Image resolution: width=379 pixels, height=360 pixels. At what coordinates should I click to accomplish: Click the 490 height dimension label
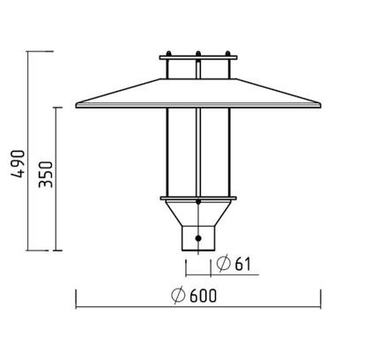pos(18,164)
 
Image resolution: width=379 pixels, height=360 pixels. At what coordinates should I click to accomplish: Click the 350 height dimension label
pos(46,175)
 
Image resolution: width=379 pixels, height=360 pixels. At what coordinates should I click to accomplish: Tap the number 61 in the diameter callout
pos(242,264)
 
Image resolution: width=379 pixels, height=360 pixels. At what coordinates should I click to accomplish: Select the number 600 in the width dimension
pos(203,296)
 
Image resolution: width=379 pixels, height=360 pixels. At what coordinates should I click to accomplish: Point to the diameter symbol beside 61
pos(223,263)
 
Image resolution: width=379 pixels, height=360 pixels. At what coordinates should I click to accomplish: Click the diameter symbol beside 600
pos(178,295)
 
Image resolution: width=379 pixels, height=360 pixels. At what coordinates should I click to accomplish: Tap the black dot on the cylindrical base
pos(198,238)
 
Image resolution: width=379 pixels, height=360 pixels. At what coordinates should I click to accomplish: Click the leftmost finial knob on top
pos(168,54)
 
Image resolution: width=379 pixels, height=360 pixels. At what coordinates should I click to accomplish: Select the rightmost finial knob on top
pos(227,54)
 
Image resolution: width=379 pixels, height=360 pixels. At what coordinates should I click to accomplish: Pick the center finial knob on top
pos(198,54)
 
